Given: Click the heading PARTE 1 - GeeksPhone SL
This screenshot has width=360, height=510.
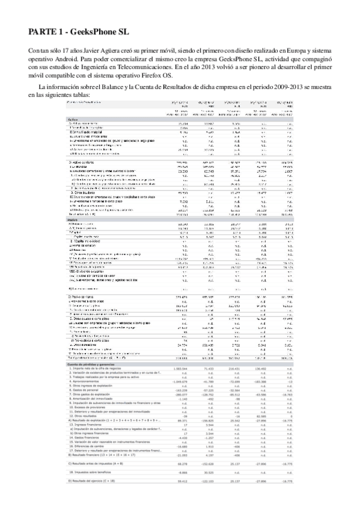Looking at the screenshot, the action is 79,32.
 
